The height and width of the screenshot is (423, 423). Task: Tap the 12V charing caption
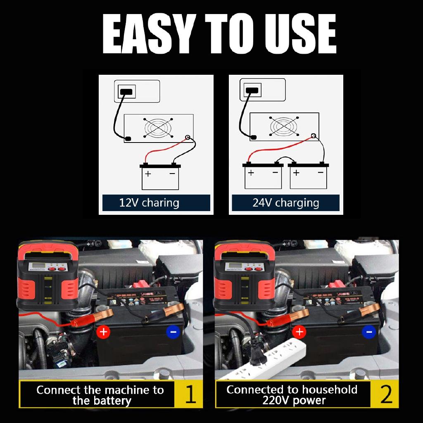pyautogui.click(x=149, y=203)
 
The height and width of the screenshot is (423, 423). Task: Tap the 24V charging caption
pyautogui.click(x=285, y=203)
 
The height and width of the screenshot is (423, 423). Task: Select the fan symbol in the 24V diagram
pyautogui.click(x=284, y=126)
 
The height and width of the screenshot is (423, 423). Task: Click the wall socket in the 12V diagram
pyautogui.click(x=126, y=91)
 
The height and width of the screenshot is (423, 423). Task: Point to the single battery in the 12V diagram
pyautogui.click(x=160, y=177)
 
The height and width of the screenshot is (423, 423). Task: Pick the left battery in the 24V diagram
pyautogui.click(x=263, y=176)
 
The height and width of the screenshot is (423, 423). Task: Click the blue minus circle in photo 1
pyautogui.click(x=173, y=331)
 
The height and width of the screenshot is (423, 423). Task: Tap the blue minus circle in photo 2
pyautogui.click(x=368, y=331)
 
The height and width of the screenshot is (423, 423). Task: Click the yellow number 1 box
pyautogui.click(x=190, y=394)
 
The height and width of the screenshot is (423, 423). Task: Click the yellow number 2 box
pyautogui.click(x=386, y=394)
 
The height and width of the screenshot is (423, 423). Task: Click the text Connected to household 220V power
pyautogui.click(x=292, y=394)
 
